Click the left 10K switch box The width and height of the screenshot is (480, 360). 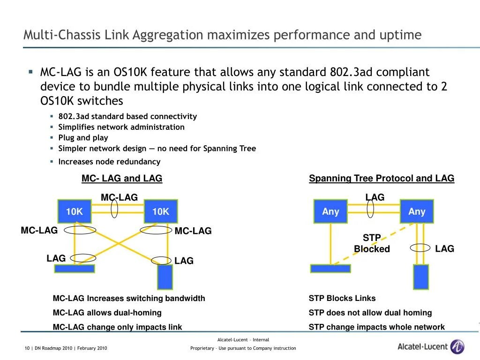74,212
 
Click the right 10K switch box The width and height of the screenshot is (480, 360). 160,212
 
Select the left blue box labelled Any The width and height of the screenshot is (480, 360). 330,211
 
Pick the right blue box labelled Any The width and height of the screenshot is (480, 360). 417,211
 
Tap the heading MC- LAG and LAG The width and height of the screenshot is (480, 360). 122,178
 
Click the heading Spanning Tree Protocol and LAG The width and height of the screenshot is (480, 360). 382,178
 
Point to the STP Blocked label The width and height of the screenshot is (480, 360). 372,243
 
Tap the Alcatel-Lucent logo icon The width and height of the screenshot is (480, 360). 457,347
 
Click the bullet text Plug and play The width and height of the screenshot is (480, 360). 83,138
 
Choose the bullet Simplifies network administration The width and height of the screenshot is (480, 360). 121,127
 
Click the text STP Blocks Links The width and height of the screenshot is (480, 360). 342,299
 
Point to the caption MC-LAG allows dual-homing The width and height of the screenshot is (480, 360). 107,313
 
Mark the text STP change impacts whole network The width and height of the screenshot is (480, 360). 376,327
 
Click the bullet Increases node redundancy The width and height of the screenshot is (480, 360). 109,162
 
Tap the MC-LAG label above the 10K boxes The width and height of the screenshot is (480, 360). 119,197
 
